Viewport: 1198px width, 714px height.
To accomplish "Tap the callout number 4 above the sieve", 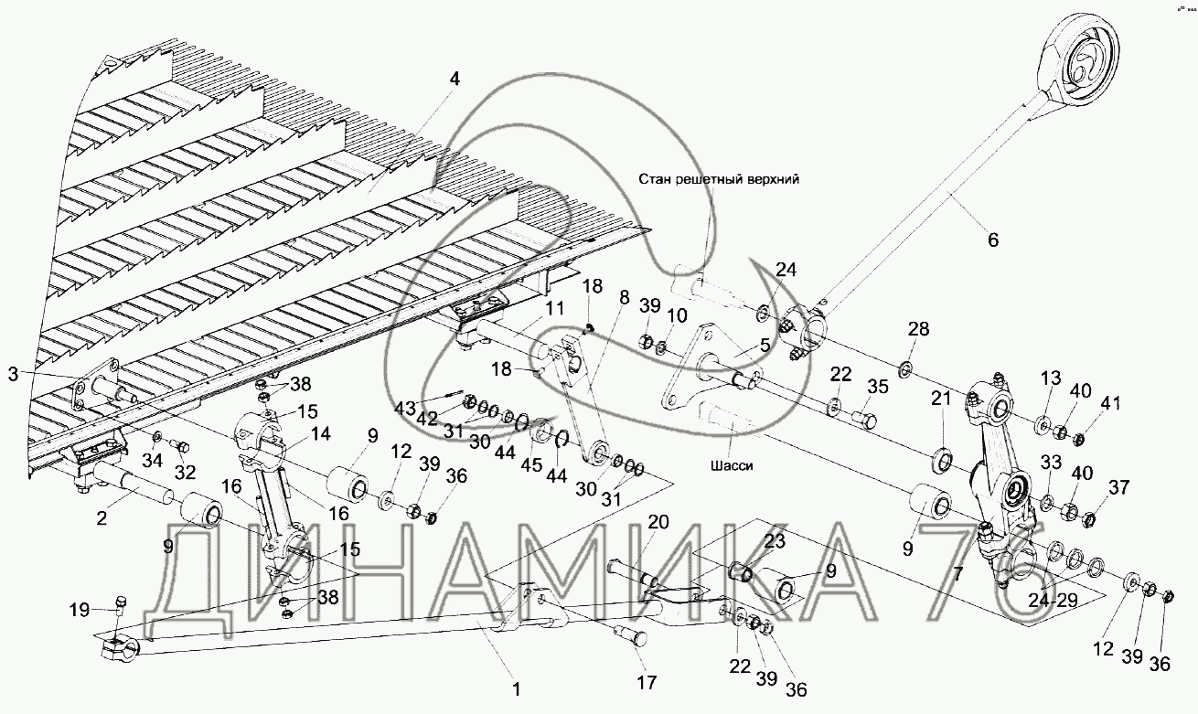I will coord(455,80).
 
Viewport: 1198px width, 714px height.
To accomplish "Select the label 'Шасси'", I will coord(732,465).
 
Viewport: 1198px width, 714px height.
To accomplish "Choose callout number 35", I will coord(877,387).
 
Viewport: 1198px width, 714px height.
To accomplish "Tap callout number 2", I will coord(102,517).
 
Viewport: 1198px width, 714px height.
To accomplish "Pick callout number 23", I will coord(775,540).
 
